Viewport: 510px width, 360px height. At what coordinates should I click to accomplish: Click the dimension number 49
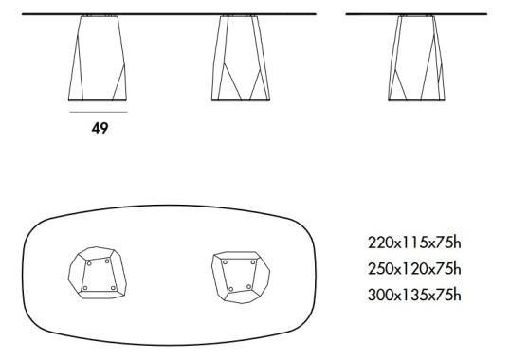point(100,128)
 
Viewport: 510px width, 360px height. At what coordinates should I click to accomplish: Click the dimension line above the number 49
point(99,111)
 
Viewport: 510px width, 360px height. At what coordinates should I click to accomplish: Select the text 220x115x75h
point(414,243)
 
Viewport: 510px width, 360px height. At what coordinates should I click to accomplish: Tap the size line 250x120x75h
point(414,268)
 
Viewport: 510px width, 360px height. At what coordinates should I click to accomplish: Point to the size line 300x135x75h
point(414,295)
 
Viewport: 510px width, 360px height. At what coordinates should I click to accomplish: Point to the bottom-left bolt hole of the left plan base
point(85,288)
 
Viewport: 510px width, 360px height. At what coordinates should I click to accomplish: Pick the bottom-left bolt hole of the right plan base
point(231,290)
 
